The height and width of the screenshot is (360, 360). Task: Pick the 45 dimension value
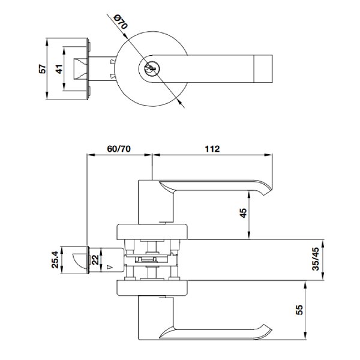click(243, 215)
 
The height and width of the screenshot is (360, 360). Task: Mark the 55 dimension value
click(299, 311)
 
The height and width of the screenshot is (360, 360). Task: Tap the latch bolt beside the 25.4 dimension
click(77, 260)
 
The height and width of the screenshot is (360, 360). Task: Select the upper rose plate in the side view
click(153, 231)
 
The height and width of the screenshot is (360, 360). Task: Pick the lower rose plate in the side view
click(153, 290)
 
